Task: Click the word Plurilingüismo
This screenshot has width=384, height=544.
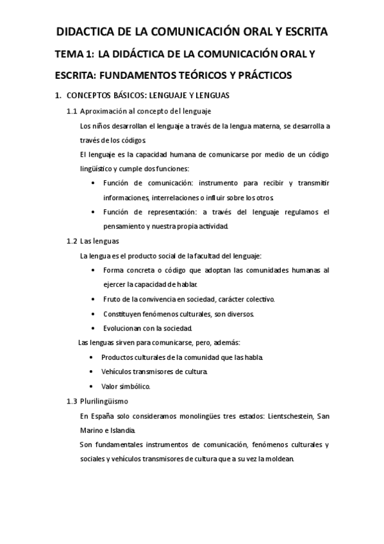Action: pyautogui.click(x=104, y=402)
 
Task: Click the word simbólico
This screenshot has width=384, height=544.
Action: pyautogui.click(x=135, y=386)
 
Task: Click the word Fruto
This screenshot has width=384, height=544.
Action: pyautogui.click(x=112, y=299)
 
